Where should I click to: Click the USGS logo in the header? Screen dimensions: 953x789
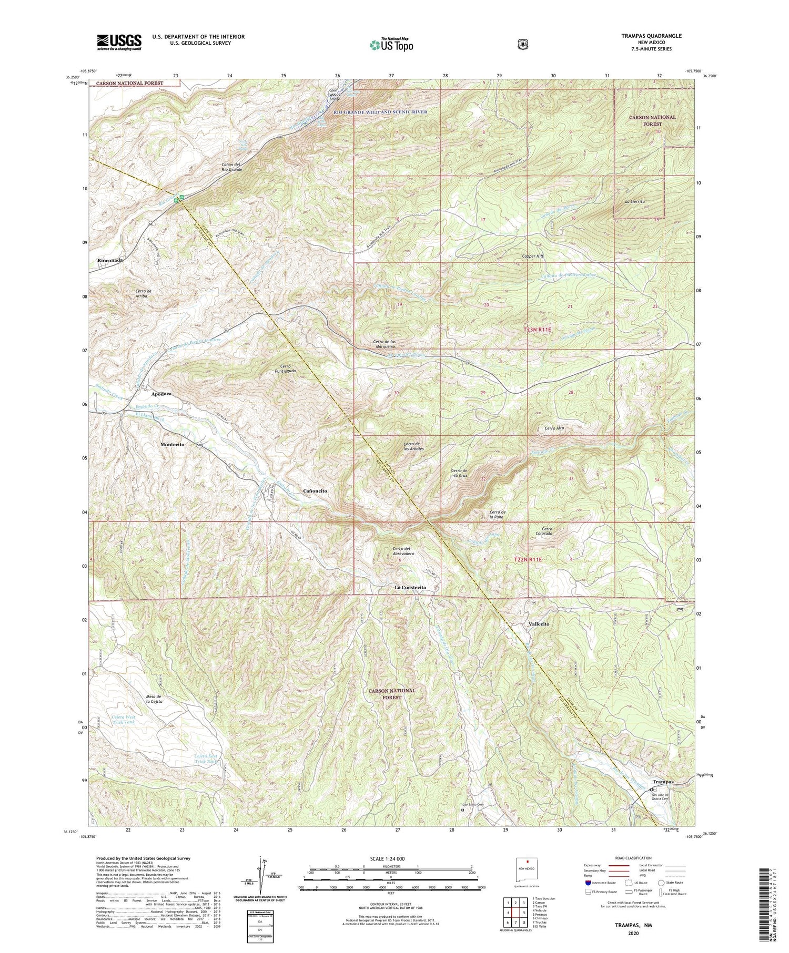119,42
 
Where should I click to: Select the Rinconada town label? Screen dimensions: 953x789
110,260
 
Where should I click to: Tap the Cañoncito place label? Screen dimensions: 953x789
316,490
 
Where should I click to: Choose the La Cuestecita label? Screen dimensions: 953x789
410,587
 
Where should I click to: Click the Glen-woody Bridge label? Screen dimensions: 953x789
335,95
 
